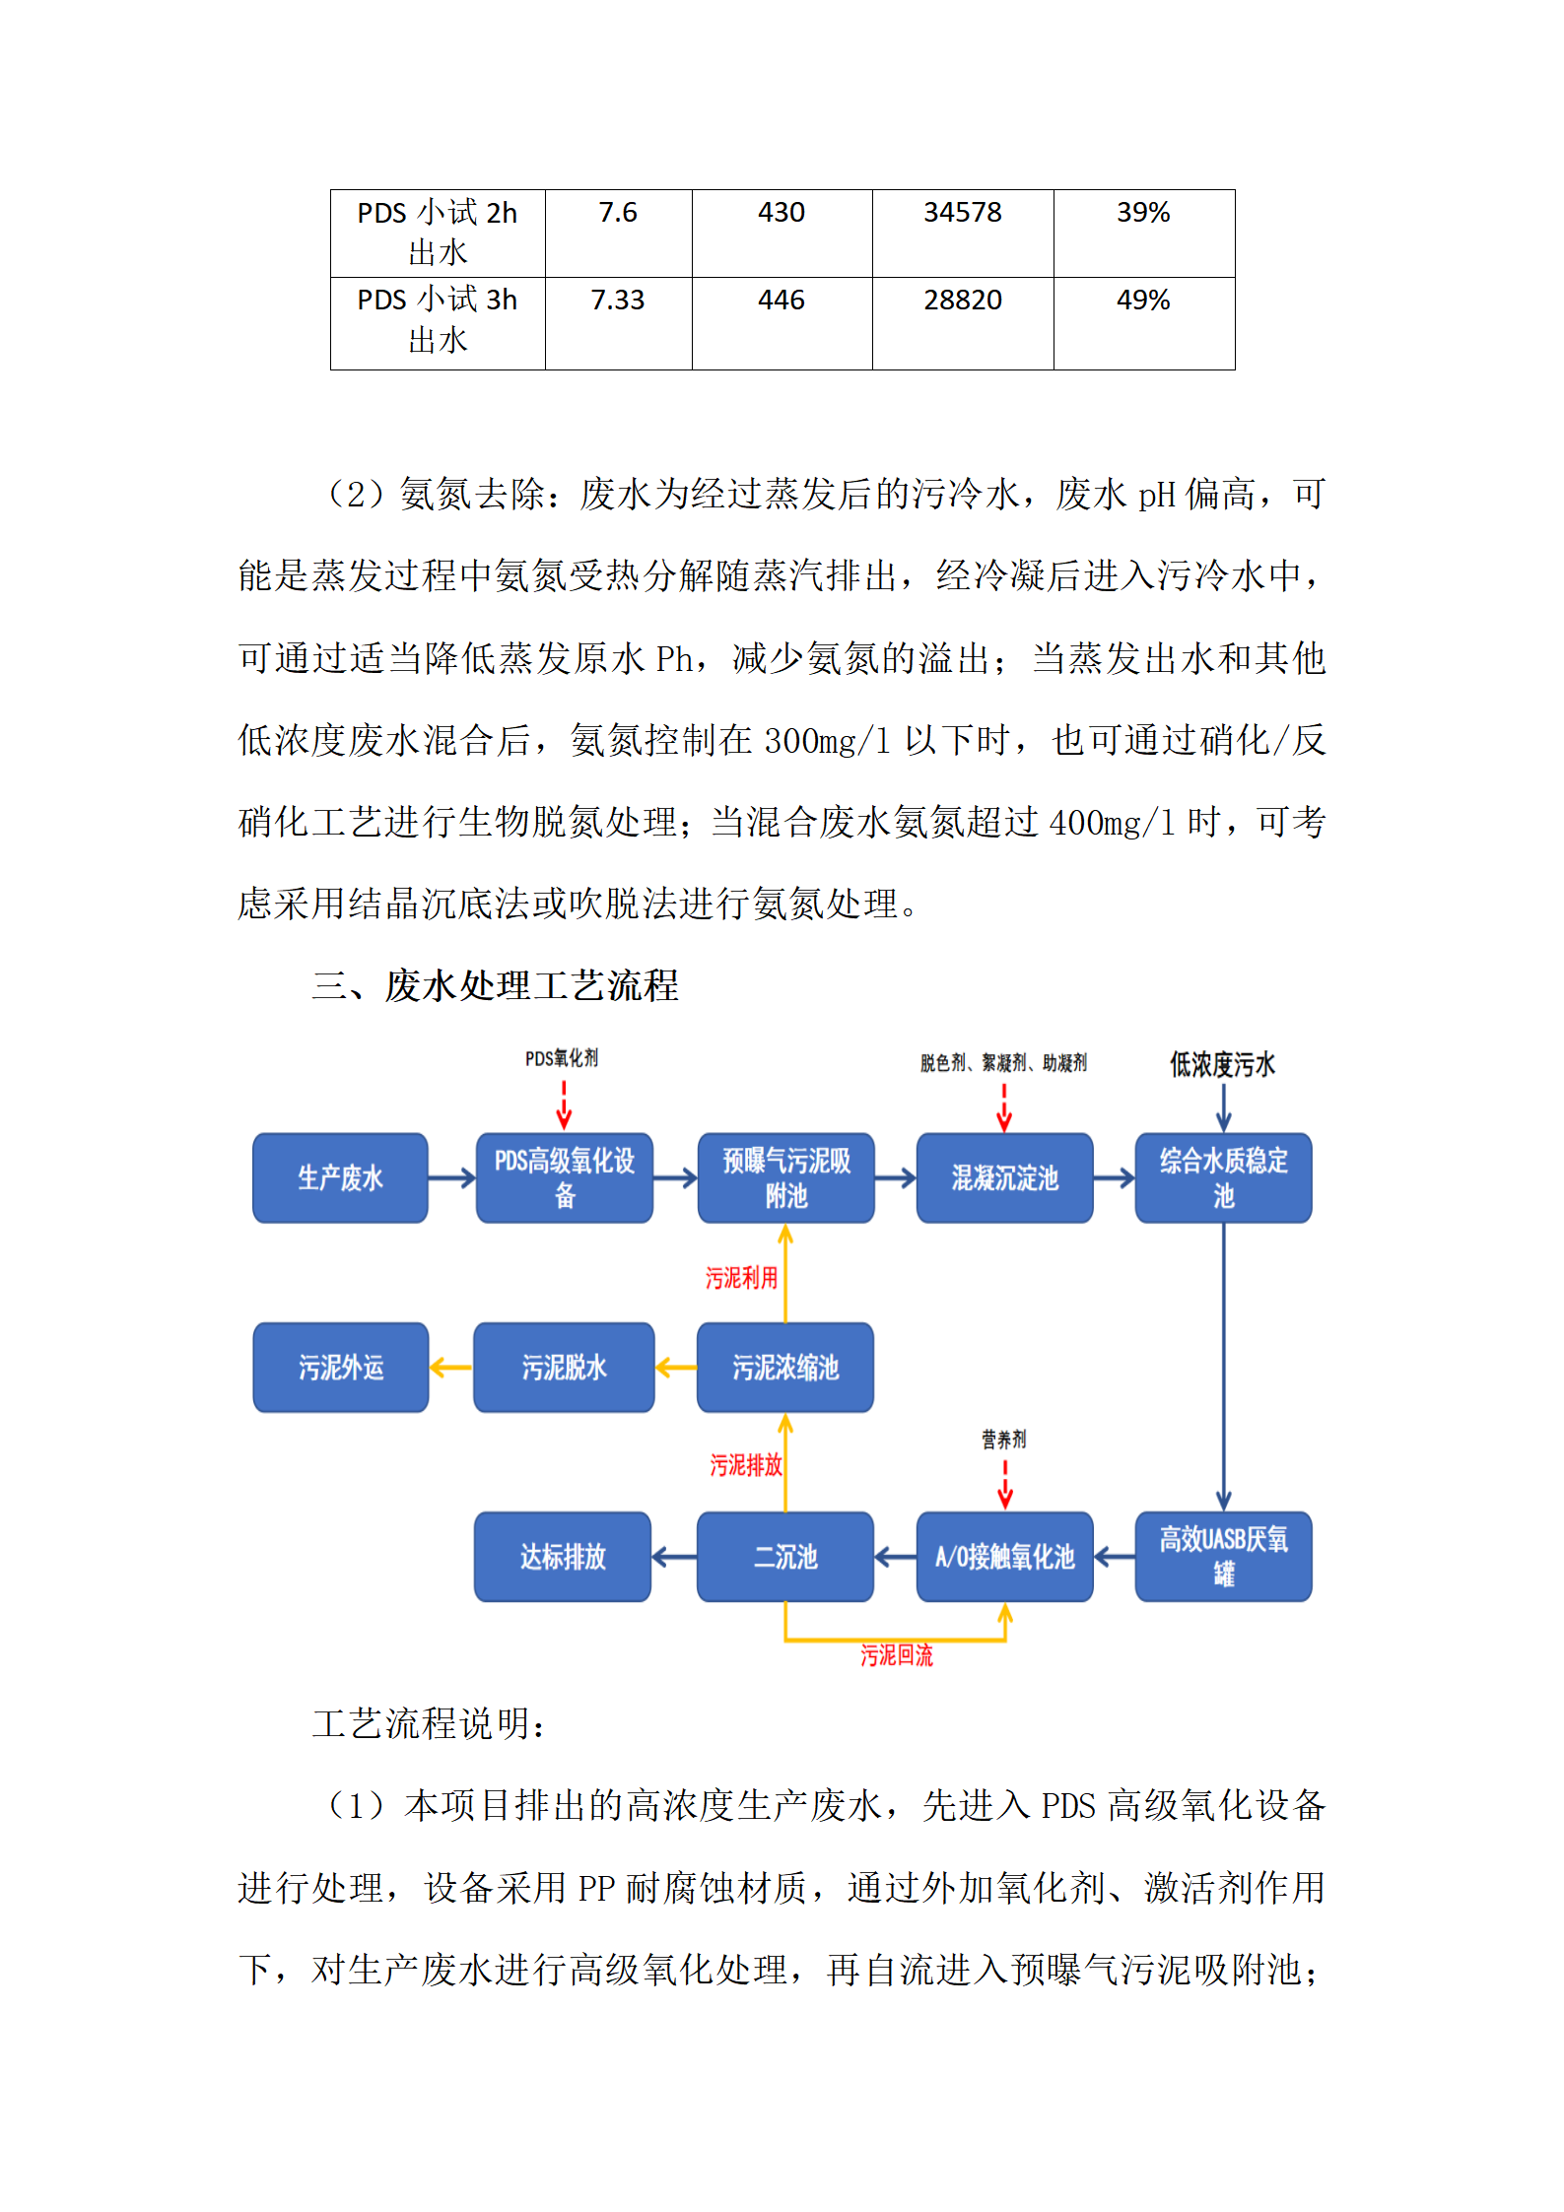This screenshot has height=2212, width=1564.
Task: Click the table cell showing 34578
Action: pos(962,213)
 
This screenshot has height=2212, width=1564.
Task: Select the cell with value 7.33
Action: pos(617,301)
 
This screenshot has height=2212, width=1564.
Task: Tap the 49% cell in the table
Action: pos(1143,301)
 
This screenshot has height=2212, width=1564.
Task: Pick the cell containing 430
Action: pos(782,213)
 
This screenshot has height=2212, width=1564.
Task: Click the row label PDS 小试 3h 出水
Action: pos(438,320)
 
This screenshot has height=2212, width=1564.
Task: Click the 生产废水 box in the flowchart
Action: pos(340,1178)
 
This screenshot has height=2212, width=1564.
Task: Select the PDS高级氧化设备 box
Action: pos(564,1178)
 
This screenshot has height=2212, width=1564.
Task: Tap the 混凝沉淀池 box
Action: pos(1004,1178)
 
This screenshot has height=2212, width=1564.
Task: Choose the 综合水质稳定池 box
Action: pos(1223,1178)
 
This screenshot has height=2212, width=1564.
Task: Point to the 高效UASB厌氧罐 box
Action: pos(1223,1557)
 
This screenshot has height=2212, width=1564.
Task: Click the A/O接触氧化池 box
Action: pos(1004,1557)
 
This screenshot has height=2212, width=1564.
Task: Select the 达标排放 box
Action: pos(563,1557)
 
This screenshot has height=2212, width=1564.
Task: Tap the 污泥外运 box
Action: pos(341,1368)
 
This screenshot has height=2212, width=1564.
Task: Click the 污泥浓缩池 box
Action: pos(784,1368)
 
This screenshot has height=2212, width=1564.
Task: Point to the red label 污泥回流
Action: pos(896,1656)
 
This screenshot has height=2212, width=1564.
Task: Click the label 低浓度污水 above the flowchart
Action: pos(1222,1064)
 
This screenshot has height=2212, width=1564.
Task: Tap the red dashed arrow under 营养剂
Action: pos(1005,1484)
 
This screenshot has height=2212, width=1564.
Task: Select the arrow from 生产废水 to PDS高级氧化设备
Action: pos(451,1178)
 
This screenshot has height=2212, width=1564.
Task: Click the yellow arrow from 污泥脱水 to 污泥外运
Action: pos(451,1368)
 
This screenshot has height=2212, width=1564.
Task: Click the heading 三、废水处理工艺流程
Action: pos(496,986)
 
